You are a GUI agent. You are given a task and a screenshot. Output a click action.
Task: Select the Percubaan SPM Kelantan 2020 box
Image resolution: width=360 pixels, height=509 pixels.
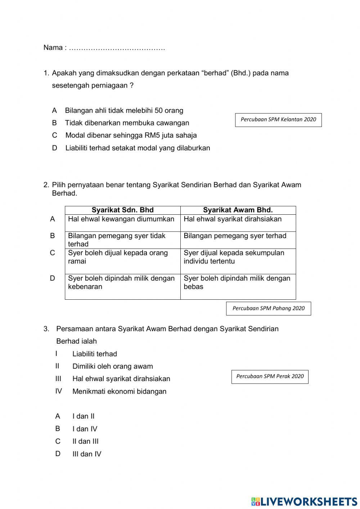pos(278,120)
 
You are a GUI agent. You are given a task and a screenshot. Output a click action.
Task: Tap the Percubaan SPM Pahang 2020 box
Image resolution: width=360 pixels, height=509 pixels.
pos(268,308)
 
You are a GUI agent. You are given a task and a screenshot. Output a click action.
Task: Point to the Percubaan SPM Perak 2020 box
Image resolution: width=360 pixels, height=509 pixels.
pos(270,376)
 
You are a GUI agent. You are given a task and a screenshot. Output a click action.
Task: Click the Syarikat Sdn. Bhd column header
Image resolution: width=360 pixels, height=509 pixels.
pos(122,210)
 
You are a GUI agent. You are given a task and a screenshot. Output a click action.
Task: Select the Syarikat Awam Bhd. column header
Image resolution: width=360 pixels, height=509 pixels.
pos(238,210)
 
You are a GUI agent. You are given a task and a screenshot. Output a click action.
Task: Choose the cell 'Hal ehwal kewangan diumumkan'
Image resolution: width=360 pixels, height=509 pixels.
pos(121,219)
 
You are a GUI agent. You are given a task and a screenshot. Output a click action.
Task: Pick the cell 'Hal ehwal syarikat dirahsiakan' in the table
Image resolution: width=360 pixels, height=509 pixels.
pos(233,219)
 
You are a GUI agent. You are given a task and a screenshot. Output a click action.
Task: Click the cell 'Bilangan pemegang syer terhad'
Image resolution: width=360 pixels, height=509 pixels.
pos(235,236)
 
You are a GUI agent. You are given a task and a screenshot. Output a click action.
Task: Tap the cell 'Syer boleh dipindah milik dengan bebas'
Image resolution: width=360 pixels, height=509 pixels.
pos(237,283)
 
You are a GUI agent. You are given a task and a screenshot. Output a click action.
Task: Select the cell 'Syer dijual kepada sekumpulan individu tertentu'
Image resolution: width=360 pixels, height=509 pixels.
pos(234,257)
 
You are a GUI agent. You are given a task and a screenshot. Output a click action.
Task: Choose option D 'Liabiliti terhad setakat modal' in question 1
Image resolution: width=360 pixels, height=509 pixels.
pos(137,148)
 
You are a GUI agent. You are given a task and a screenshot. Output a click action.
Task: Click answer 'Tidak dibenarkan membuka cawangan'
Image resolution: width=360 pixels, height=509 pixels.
pos(127,123)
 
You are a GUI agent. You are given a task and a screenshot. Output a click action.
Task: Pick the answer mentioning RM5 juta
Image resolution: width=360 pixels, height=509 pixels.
pos(131,135)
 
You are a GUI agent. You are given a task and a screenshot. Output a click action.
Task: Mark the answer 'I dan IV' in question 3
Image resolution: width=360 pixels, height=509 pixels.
pos(85,429)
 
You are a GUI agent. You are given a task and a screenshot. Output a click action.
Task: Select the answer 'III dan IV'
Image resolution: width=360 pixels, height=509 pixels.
pos(87,454)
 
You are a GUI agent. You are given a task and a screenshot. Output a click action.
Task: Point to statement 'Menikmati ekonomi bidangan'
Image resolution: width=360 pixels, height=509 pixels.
pos(119,392)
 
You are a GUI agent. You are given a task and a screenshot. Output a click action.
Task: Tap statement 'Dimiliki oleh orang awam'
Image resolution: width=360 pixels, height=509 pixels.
pos(112,366)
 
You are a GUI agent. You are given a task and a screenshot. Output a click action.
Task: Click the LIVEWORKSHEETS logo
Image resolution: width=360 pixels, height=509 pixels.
pos(304,501)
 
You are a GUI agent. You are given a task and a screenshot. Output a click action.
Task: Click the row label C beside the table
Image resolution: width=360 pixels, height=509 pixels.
pos(53,253)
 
